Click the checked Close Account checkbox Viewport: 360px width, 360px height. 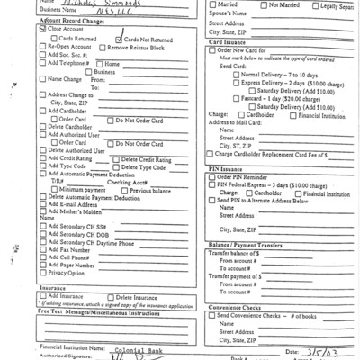42,29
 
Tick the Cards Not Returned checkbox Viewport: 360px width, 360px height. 119,40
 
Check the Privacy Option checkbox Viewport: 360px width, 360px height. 42,273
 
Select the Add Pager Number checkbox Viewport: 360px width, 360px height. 42,265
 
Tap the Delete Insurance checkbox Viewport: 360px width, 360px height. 112,296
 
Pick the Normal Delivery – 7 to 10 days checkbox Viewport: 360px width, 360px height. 236,75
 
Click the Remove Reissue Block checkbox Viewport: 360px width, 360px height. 101,48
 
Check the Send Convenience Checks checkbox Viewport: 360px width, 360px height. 212,315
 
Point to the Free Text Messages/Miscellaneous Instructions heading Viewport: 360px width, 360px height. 99,312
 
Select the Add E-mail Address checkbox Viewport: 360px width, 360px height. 42,204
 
